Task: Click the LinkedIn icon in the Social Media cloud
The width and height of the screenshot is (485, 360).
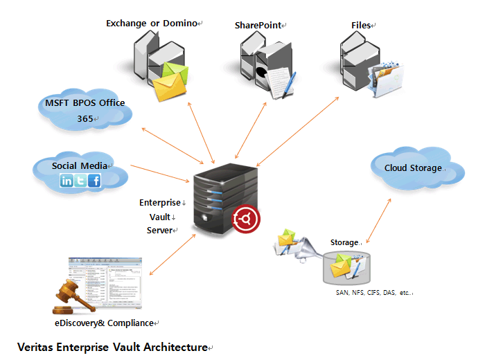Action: click(67, 181)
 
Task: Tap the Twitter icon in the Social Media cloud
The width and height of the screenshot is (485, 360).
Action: click(80, 181)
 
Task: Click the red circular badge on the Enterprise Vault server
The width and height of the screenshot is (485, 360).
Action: click(247, 219)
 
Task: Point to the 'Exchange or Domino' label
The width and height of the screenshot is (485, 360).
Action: click(152, 24)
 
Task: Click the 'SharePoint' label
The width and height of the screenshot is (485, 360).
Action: click(258, 25)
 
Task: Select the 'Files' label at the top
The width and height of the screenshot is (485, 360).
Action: click(361, 25)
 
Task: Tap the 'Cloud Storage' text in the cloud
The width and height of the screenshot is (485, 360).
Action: click(413, 168)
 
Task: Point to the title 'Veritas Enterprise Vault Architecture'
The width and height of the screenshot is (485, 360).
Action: click(112, 346)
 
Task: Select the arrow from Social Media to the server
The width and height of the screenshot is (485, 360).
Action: click(159, 173)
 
